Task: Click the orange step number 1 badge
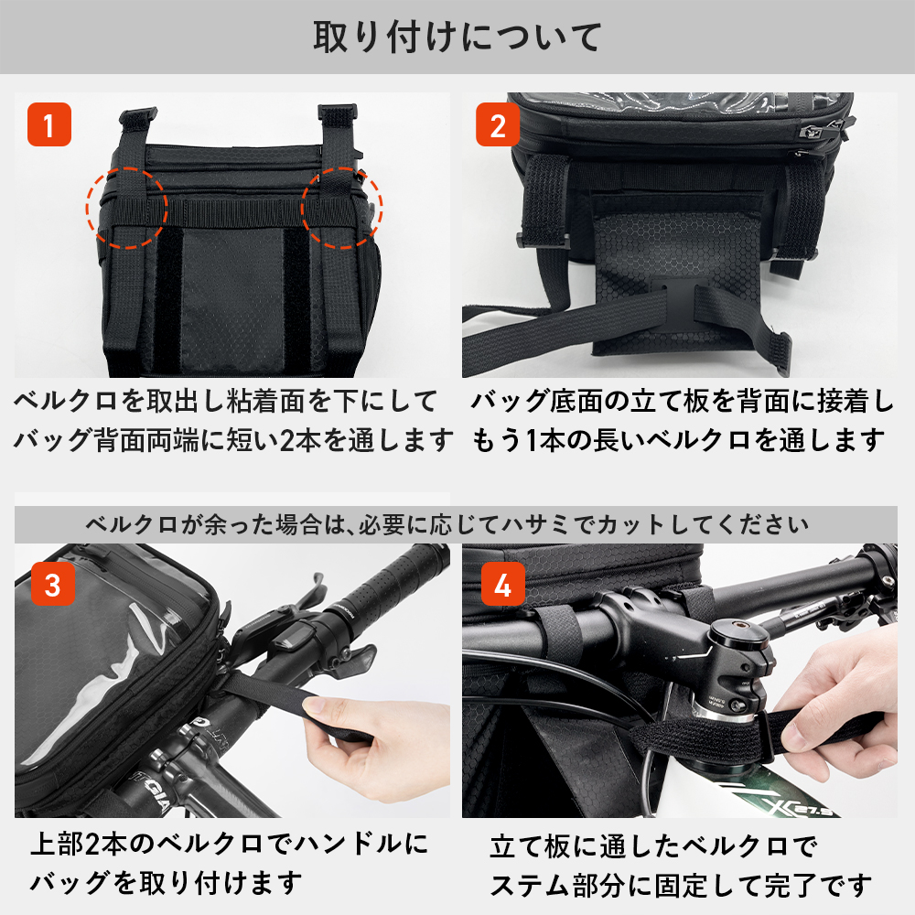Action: click(x=49, y=124)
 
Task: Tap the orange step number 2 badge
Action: click(x=497, y=124)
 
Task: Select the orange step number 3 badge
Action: click(x=52, y=584)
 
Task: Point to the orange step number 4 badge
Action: click(x=502, y=584)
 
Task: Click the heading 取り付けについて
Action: click(x=457, y=37)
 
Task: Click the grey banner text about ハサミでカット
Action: click(x=447, y=524)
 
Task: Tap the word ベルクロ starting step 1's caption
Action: click(x=66, y=402)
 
